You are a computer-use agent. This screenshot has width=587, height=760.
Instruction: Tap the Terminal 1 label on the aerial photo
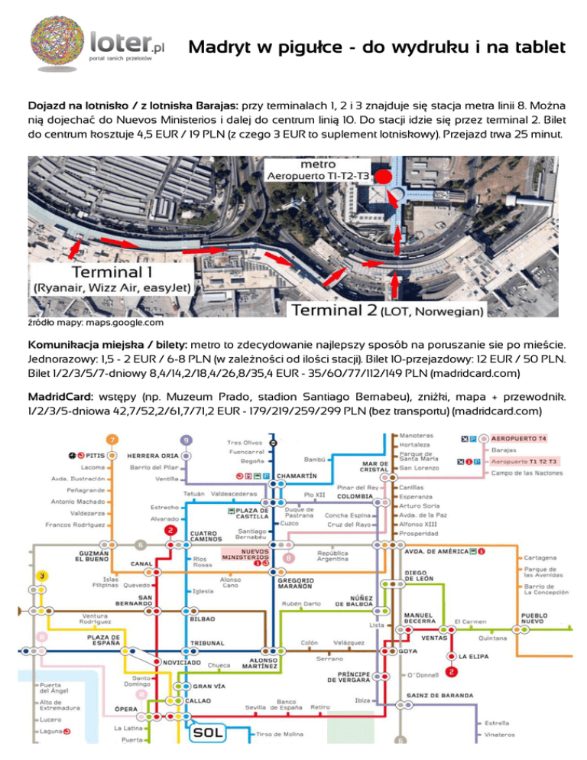(107, 271)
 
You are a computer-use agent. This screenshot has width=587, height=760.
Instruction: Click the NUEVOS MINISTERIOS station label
(245, 554)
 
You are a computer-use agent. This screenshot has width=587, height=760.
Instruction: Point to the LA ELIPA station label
(474, 656)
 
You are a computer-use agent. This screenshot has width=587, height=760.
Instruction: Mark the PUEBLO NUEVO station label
(539, 618)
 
